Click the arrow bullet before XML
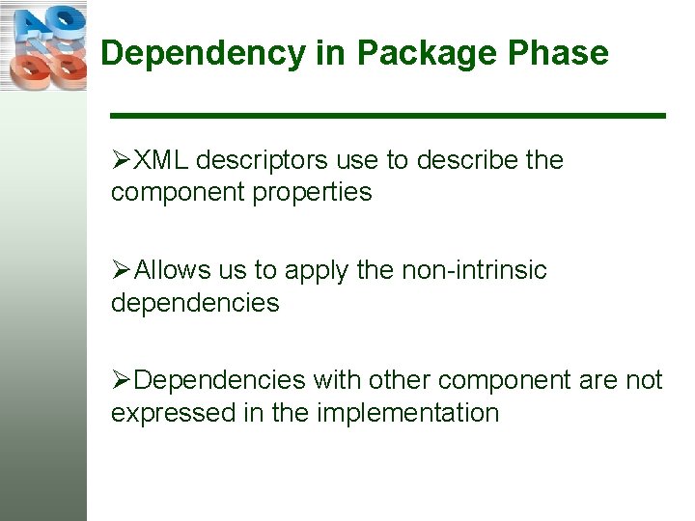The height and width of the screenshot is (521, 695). pos(121,160)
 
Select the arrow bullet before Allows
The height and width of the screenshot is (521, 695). pos(121,271)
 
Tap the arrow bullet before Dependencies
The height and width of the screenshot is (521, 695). pos(121,381)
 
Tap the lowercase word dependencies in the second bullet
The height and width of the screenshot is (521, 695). pos(195,303)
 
